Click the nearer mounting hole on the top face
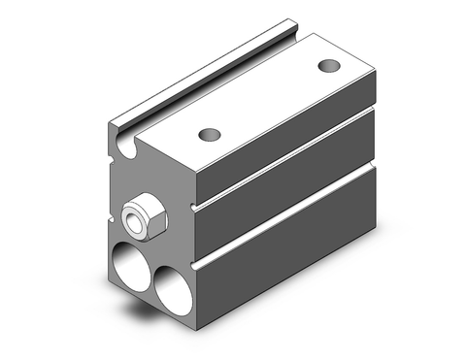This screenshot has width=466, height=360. [x=206, y=133]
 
